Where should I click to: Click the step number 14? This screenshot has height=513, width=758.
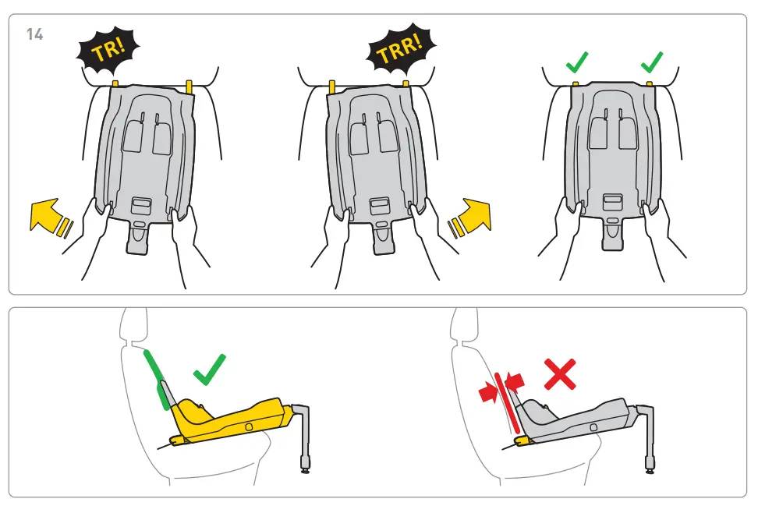coord(34,35)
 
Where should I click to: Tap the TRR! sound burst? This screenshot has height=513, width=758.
coord(399,52)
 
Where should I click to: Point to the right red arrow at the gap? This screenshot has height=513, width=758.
coord(515,380)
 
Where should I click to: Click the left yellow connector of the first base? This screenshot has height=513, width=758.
coord(115,83)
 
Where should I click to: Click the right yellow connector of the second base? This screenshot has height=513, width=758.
coord(406,83)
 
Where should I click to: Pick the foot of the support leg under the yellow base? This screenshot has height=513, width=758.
coord(304,469)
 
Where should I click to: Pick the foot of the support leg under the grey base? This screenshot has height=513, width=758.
coord(650,469)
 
